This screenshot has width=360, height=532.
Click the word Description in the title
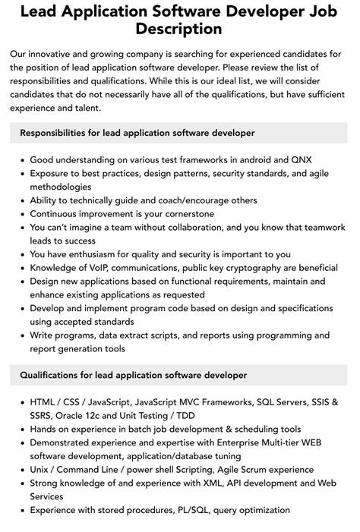[180, 29]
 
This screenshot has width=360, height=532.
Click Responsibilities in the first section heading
[58, 133]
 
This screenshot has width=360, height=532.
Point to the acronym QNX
[298, 160]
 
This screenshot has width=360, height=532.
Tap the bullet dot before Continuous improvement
[23, 214]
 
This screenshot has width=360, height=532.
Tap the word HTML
[43, 401]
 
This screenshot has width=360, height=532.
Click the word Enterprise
[235, 442]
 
